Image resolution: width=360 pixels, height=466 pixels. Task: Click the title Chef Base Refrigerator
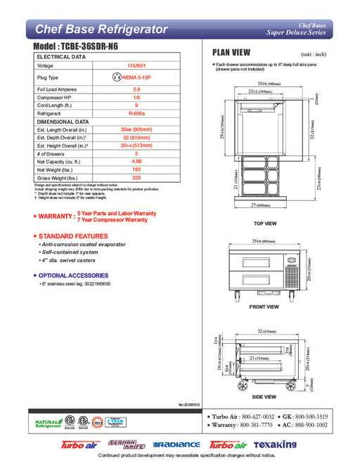101,30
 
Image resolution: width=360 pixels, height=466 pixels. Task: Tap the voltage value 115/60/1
136,66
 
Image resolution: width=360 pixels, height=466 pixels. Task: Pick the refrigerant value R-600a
136,113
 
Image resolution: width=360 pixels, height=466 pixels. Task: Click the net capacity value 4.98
136,162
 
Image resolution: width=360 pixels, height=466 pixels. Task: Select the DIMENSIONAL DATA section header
62,122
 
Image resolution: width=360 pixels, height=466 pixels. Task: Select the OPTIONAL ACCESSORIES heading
73,275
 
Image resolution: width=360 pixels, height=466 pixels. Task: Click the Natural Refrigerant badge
47,423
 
